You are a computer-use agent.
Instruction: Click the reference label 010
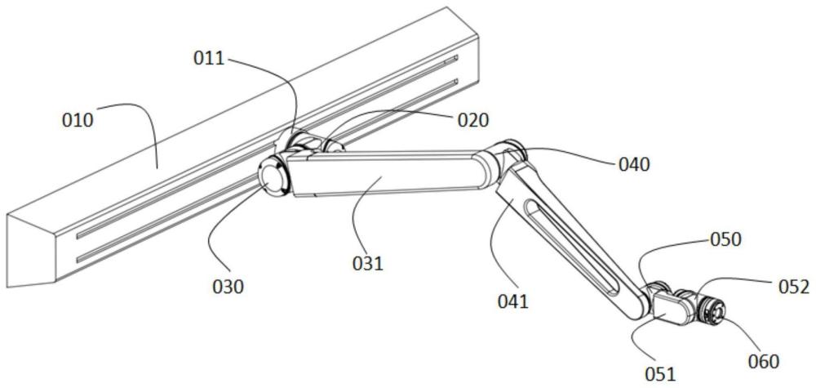click(78, 120)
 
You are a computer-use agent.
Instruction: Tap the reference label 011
click(209, 58)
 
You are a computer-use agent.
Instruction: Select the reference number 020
click(473, 120)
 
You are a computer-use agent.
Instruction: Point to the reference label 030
click(228, 287)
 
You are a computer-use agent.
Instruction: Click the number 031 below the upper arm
click(367, 264)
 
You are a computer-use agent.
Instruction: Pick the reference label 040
click(634, 164)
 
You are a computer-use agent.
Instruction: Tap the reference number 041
click(512, 301)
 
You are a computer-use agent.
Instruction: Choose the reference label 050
click(725, 239)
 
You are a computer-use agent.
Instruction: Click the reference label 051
click(659, 374)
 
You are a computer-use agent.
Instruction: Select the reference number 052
click(794, 287)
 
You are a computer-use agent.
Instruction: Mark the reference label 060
click(764, 361)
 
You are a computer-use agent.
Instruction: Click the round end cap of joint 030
click(273, 177)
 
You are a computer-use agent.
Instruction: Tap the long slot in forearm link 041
click(570, 248)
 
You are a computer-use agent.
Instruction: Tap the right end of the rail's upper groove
click(456, 57)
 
